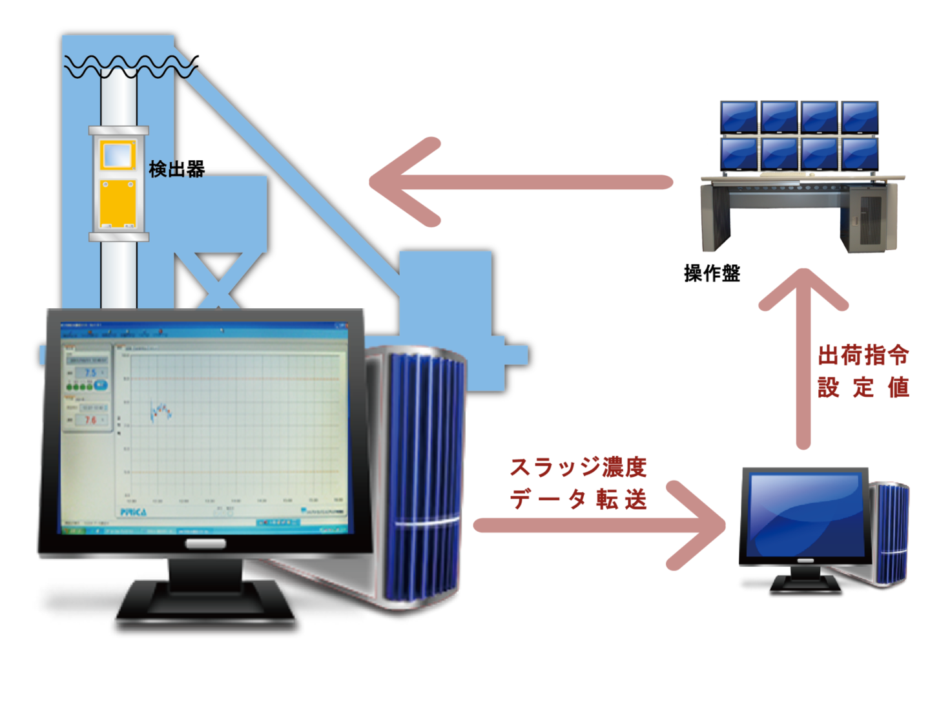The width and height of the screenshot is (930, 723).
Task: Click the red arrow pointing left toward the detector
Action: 517,182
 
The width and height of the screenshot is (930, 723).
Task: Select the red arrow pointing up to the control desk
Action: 803,355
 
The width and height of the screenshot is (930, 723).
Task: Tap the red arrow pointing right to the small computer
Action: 601,525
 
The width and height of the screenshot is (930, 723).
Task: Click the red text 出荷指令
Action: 863,355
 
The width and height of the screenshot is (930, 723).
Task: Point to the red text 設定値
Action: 863,387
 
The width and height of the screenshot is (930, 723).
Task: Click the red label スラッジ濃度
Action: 578,467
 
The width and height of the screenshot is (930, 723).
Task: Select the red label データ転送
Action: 578,499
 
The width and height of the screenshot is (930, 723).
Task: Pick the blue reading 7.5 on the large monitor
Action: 90,373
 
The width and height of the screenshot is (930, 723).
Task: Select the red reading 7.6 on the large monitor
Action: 90,420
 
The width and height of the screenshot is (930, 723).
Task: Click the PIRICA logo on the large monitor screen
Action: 133,512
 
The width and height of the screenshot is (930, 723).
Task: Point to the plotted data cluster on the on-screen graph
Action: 160,411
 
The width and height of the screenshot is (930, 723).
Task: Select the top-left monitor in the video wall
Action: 739,116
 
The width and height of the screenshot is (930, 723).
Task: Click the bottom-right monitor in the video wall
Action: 860,154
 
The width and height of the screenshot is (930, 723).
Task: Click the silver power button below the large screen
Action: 205,543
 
